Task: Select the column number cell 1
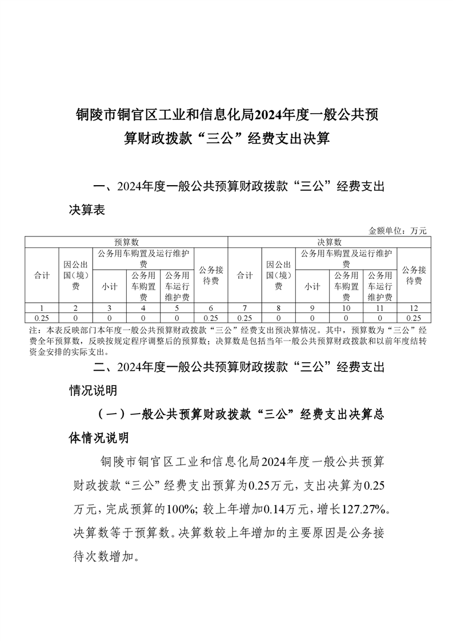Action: pos(42,308)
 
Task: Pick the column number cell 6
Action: pos(211,308)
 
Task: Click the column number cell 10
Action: pos(346,308)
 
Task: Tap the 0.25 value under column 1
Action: pos(42,318)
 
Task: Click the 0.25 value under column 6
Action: pos(211,318)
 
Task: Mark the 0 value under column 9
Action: pos(312,318)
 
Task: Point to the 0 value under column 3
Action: pos(109,318)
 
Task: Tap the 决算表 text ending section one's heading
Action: pos(87,210)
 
